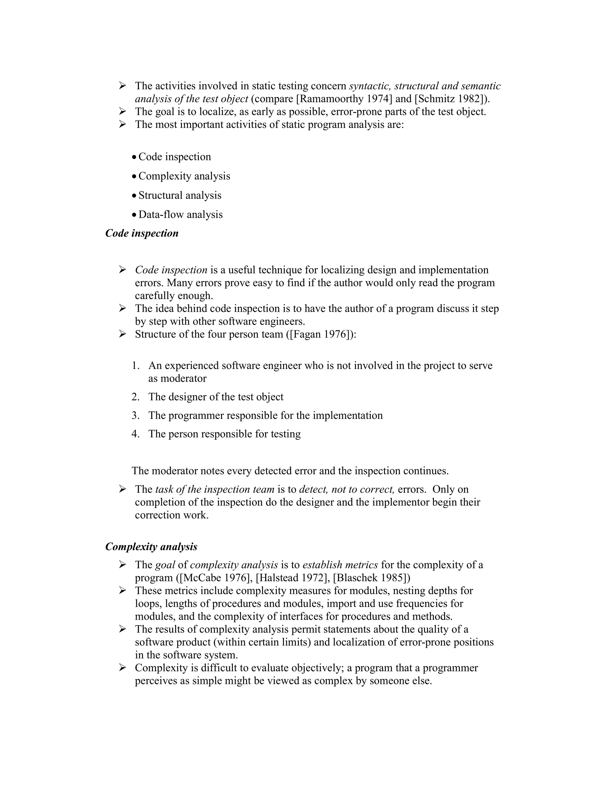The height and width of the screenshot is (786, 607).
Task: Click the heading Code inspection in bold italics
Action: coord(142,233)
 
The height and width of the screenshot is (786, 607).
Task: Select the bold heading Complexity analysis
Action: coord(151,547)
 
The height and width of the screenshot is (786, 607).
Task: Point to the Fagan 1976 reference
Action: coord(320,334)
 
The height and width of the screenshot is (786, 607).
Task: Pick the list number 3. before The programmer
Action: coord(135,416)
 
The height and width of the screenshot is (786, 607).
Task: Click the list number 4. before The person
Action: coord(135,434)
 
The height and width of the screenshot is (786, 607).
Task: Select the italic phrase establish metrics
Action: coord(340,565)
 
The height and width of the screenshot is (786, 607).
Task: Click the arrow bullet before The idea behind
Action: coord(123,308)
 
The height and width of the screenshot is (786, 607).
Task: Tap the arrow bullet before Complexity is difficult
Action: coord(123,668)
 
